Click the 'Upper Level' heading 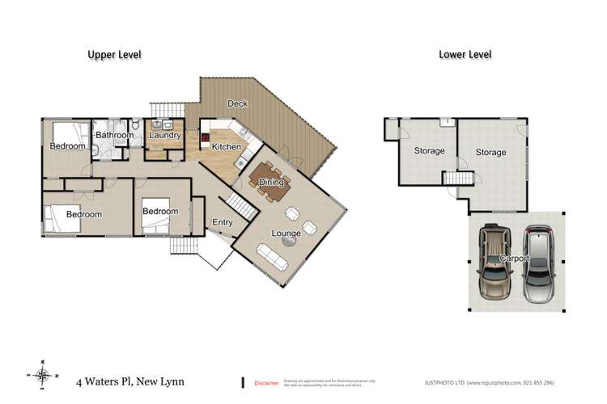coord(115,55)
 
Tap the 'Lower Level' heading coord(465,55)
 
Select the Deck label coord(237,103)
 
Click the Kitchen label coord(226,147)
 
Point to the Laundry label coord(164,136)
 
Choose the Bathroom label coord(114,135)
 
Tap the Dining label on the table coord(272,182)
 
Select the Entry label coord(223,222)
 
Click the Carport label coord(514,259)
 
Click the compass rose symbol coord(43,373)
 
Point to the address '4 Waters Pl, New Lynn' coord(129,381)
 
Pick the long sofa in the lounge coord(271,257)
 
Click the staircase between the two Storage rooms coord(459,179)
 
